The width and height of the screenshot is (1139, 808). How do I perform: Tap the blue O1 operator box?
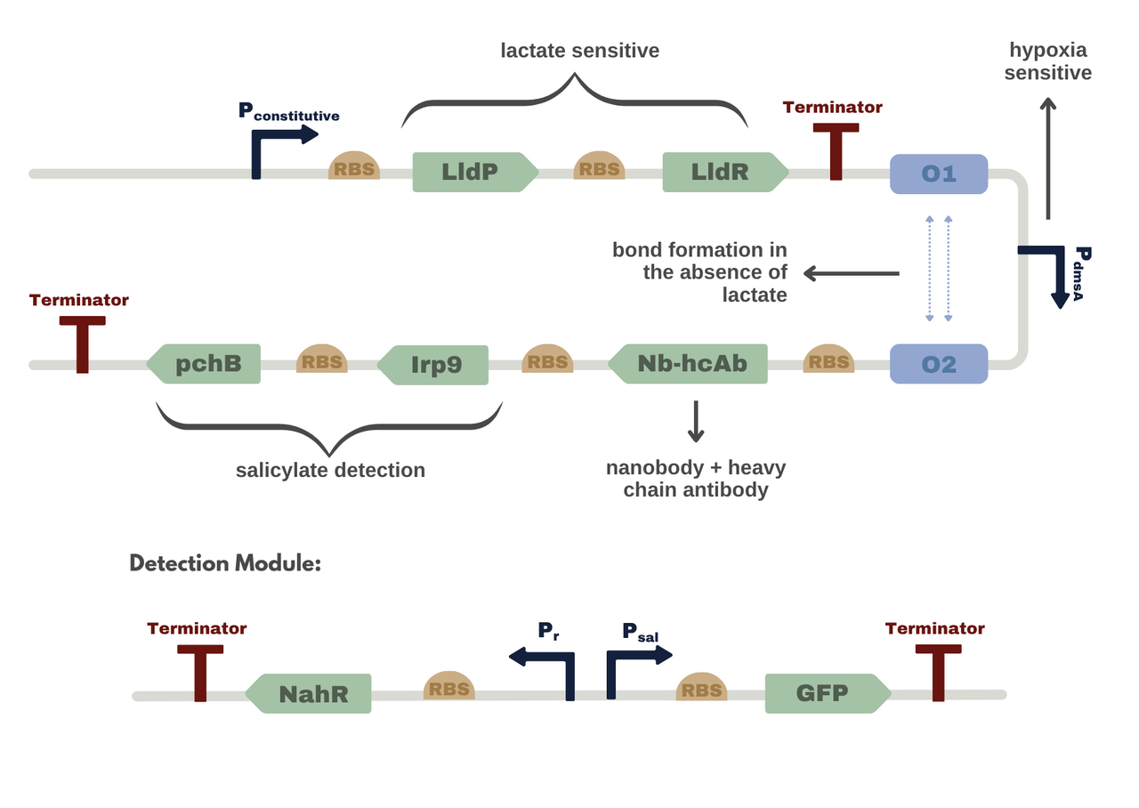[939, 174]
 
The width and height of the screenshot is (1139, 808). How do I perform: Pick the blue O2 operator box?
[939, 364]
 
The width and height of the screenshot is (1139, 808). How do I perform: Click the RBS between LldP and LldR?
[599, 166]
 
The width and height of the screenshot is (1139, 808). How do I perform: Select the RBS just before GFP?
[701, 688]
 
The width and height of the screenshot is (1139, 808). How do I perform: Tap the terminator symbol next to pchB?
[82, 342]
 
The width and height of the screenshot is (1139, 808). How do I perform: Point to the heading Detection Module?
[224, 563]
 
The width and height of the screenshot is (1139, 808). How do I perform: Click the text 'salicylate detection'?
[330, 470]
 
